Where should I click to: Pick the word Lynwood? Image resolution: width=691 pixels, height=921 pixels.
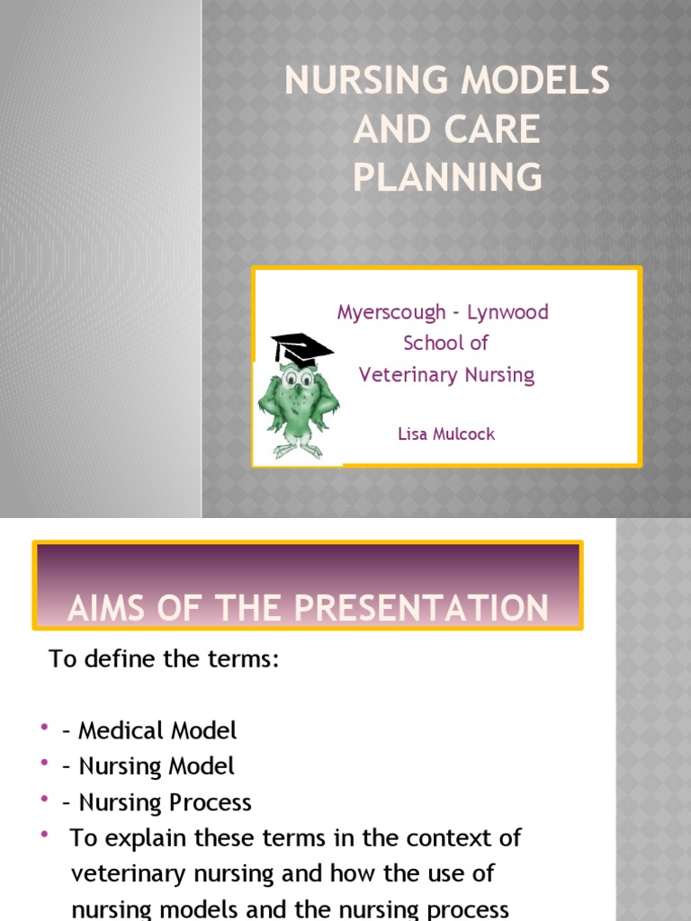pyautogui.click(x=508, y=313)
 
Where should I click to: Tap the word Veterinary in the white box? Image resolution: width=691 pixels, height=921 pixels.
pyautogui.click(x=403, y=374)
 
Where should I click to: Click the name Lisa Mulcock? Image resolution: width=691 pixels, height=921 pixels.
pyautogui.click(x=446, y=434)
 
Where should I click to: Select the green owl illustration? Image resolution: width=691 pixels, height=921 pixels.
pyautogui.click(x=298, y=400)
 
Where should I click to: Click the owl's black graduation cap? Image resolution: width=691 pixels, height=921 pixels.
pyautogui.click(x=301, y=347)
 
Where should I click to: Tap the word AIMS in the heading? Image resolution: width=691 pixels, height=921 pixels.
pyautogui.click(x=112, y=609)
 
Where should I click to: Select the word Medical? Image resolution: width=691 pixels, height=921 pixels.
pyautogui.click(x=120, y=730)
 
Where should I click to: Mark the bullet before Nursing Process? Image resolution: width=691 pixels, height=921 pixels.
pyautogui.click(x=44, y=799)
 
